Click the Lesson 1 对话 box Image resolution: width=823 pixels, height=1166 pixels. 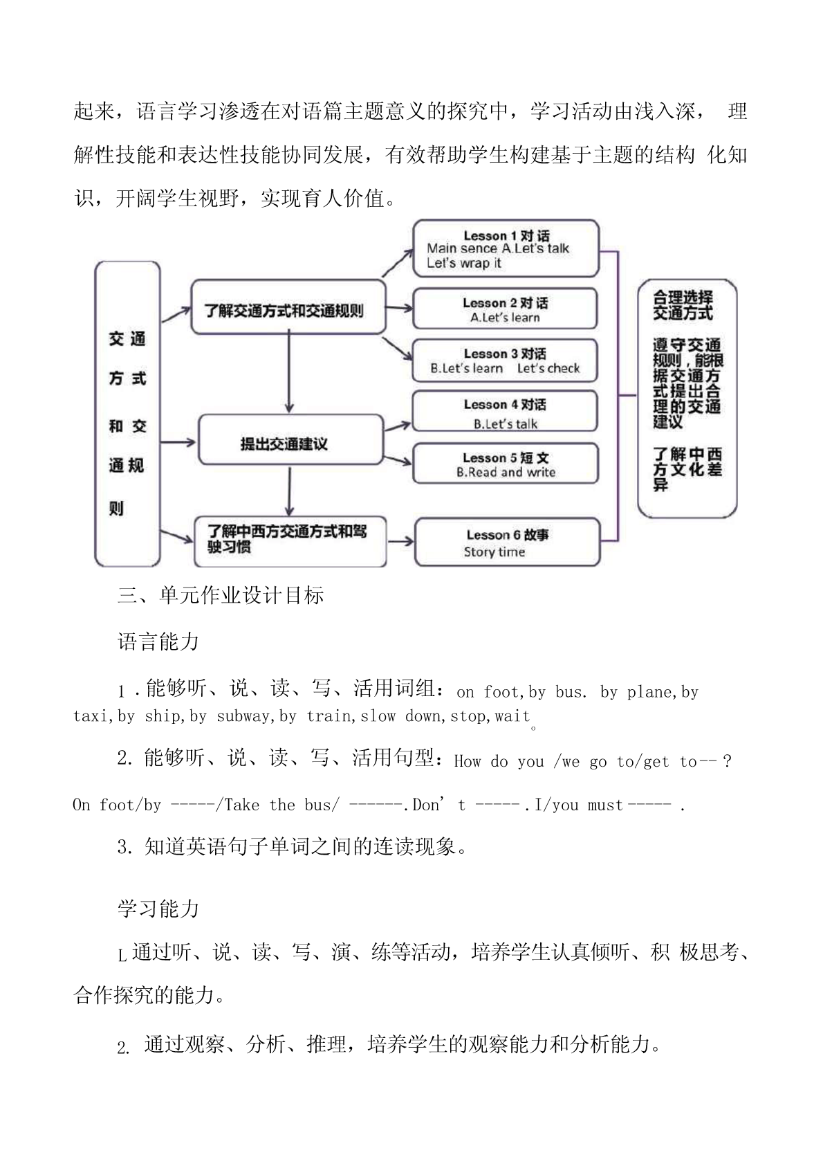(505, 248)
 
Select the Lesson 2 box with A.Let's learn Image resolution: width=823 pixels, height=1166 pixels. (505, 309)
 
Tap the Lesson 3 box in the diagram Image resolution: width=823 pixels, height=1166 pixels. (505, 361)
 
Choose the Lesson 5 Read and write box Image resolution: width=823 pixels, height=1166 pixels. (505, 464)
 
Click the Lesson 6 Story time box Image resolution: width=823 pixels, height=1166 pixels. (506, 543)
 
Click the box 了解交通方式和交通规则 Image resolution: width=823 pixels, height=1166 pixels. (288, 308)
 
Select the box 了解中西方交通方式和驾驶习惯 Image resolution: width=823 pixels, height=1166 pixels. (289, 540)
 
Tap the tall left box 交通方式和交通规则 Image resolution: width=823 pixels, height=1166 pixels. (127, 414)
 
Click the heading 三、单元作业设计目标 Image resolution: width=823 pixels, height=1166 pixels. (221, 596)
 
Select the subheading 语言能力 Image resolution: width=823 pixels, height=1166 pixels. (158, 642)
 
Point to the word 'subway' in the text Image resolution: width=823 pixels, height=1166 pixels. (242, 716)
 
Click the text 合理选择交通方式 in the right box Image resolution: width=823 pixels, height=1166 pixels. (683, 305)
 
